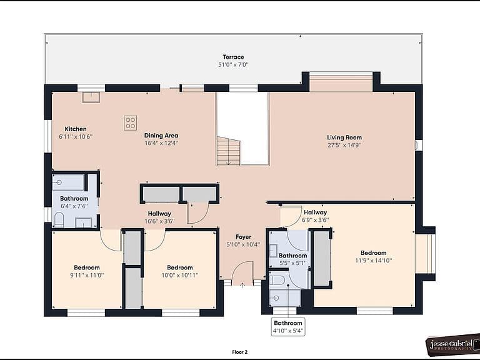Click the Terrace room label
click(233, 57)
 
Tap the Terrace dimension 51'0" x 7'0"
click(233, 65)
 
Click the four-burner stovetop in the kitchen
click(131, 123)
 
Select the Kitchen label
click(76, 129)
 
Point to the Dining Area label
click(161, 135)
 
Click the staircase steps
click(229, 151)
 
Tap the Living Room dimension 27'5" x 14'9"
click(344, 146)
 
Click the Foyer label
click(243, 237)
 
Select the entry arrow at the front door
click(242, 285)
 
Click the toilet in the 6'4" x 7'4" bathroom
click(59, 219)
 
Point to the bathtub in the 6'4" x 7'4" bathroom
click(68, 182)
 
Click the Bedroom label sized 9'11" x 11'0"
click(87, 267)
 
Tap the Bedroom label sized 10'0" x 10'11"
click(180, 267)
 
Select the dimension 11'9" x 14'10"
click(374, 261)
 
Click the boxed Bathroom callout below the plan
click(288, 327)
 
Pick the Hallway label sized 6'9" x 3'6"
click(315, 212)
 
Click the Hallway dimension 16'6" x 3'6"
click(159, 221)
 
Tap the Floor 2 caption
click(240, 352)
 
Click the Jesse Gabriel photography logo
click(453, 345)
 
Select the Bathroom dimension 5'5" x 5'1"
click(293, 263)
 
